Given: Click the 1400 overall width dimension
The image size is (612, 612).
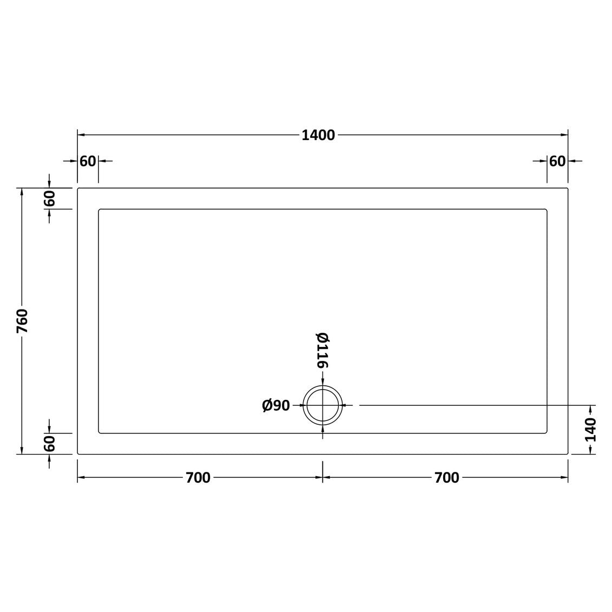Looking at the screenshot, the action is click(x=318, y=135).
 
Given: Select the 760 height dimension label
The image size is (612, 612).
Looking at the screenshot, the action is click(x=22, y=321).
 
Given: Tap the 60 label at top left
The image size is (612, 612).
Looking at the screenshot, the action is click(x=88, y=161).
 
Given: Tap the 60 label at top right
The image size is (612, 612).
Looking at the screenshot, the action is click(x=557, y=161).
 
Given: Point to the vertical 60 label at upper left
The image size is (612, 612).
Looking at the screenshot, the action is click(x=50, y=199).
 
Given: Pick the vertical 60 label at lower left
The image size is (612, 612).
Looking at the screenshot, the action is click(x=50, y=444).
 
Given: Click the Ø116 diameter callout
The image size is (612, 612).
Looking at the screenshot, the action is click(x=323, y=350).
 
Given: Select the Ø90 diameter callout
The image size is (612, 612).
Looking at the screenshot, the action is click(x=276, y=405).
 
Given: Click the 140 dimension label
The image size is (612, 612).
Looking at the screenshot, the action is click(x=591, y=429).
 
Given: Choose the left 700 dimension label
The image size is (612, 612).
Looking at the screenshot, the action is click(x=198, y=477).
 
